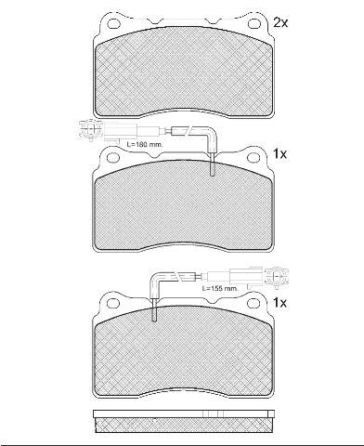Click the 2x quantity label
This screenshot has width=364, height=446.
point(280,22)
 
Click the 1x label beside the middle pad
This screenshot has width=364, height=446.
point(279,154)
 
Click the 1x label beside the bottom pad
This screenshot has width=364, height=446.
point(279,303)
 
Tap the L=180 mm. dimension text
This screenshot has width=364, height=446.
point(145,144)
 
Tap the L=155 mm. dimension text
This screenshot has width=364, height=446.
point(220,288)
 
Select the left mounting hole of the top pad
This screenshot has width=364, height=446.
point(113,23)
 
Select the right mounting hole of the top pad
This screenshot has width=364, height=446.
point(253,23)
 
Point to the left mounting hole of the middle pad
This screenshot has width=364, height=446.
point(113,157)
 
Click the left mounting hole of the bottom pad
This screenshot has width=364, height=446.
point(112,302)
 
